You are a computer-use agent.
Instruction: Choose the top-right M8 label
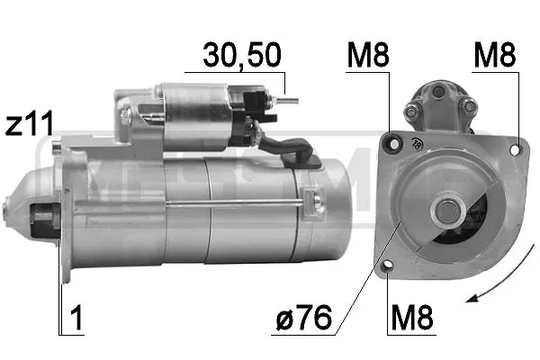pos(496,56)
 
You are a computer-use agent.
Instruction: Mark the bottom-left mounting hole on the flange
pos(388,265)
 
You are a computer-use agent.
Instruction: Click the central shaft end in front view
pos(447,212)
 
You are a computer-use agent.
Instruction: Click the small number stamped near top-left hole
pos(417,142)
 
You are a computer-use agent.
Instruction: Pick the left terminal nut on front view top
pos(412,111)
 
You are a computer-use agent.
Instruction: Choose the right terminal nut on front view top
pos(466,108)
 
